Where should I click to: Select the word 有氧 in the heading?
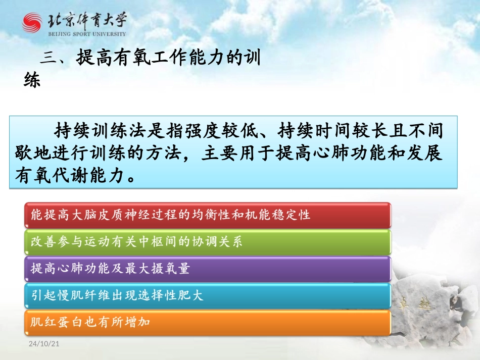click(x=125, y=59)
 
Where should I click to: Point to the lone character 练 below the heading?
click(x=32, y=80)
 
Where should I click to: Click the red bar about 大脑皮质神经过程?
click(x=208, y=215)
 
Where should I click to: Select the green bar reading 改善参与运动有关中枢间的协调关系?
click(x=208, y=242)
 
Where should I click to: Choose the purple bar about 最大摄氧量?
click(x=208, y=269)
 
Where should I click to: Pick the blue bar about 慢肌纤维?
click(x=208, y=296)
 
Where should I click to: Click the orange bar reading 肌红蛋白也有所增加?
click(x=208, y=322)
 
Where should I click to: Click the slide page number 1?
click(x=449, y=344)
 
